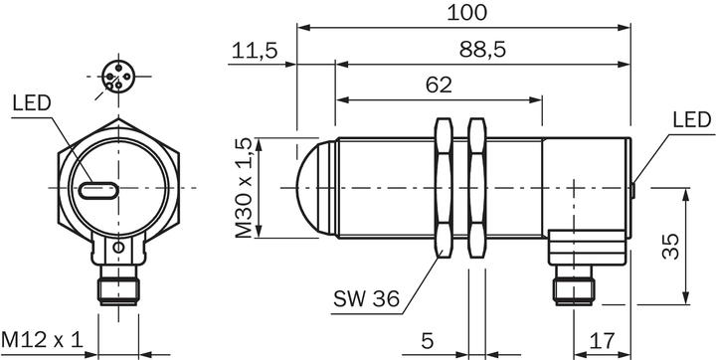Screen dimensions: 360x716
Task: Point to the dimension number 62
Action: click(439, 86)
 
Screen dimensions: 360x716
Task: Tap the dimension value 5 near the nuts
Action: click(427, 340)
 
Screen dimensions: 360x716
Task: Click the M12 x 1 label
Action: click(42, 340)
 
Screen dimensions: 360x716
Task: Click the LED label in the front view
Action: click(31, 102)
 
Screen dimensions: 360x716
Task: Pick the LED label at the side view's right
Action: click(691, 120)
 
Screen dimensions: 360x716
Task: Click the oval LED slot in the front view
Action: click(96, 188)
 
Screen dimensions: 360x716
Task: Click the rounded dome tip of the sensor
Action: click(313, 188)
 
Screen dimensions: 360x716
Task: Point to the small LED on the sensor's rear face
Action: click(633, 187)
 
